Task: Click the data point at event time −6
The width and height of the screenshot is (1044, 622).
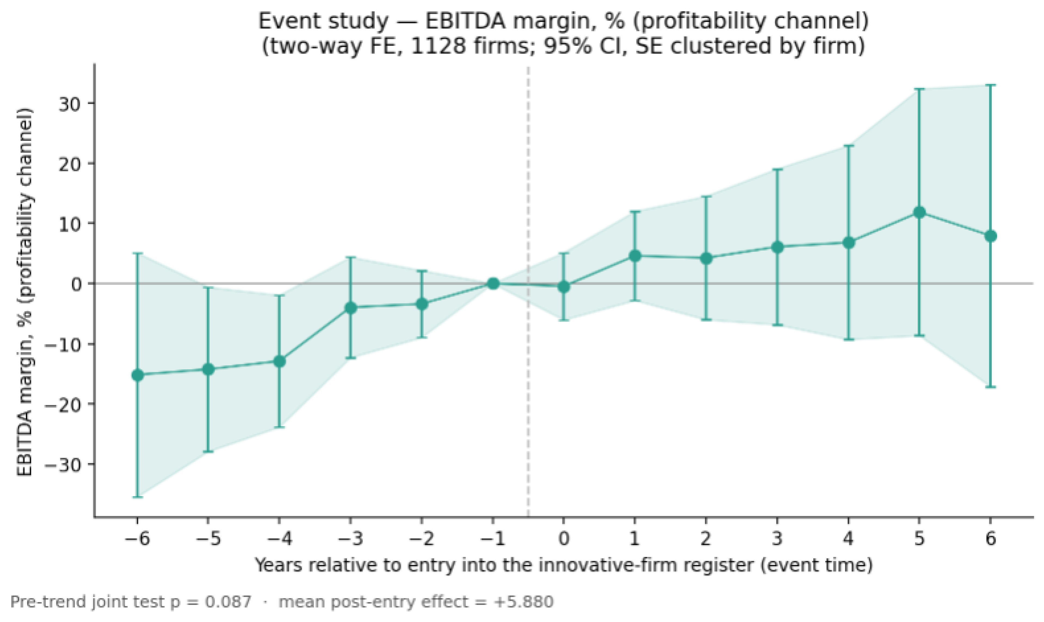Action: (137, 375)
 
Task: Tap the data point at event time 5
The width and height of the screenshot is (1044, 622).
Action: (919, 212)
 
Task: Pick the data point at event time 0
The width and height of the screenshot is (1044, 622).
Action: (564, 287)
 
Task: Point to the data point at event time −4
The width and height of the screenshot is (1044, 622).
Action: (280, 361)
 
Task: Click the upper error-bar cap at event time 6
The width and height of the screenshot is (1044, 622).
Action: (990, 85)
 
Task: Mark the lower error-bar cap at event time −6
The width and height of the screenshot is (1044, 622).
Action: (137, 497)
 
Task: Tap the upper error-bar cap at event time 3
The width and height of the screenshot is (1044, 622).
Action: (777, 169)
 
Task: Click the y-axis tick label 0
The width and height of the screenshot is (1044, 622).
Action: (76, 284)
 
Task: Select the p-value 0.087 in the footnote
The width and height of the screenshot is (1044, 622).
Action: (228, 602)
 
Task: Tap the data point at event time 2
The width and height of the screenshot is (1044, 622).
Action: (706, 259)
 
